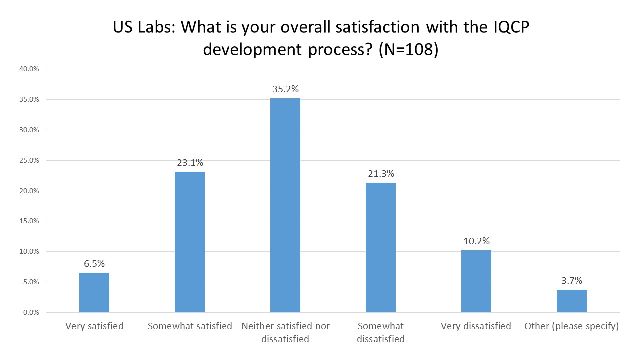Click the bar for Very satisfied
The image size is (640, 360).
point(94,293)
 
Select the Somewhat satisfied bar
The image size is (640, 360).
point(190,242)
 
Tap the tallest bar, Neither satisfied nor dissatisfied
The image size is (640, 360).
point(285,205)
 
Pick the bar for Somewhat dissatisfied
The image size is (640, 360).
point(381,248)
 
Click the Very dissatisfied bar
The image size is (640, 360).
point(476,281)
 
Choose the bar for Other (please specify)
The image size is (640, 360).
point(572,301)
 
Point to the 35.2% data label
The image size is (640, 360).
point(285,90)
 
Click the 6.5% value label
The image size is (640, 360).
point(94,264)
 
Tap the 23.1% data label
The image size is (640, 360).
point(190,163)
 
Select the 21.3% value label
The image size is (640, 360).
point(381,174)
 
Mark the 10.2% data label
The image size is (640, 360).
point(476,241)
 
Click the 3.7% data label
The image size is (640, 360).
point(572,281)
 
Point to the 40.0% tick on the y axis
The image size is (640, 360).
point(29,69)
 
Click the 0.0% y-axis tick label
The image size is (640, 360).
point(31,313)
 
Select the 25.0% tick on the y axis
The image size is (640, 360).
point(29,161)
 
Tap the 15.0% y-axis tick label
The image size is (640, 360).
point(29,221)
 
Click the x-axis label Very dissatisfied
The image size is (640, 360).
point(476,326)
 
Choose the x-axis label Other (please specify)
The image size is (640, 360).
point(571,326)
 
